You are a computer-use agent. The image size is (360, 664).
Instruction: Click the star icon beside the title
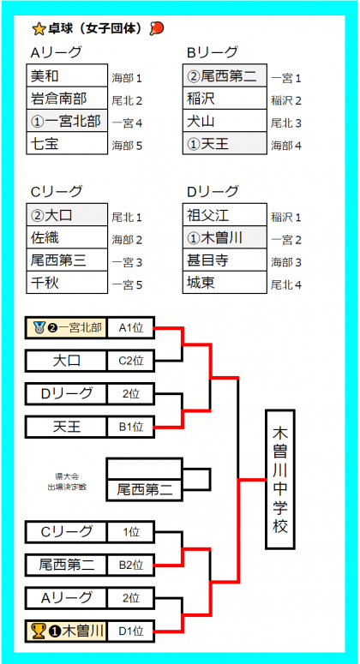39,29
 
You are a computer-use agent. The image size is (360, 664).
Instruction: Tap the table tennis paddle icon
157,28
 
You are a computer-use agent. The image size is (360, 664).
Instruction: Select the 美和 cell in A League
67,75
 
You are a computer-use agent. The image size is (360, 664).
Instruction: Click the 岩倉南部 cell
67,99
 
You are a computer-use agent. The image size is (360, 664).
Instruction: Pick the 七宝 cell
67,144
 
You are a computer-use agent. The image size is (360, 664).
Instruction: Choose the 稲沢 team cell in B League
225,99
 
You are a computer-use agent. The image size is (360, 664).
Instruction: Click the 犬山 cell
225,121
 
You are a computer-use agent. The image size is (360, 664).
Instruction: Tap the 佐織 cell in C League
67,237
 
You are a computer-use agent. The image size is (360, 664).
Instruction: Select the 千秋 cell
67,283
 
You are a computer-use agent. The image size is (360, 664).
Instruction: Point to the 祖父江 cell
225,215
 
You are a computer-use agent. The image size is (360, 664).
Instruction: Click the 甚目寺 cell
225,260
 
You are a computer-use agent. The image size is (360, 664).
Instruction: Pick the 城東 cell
225,283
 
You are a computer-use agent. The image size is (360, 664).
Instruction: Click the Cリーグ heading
57,191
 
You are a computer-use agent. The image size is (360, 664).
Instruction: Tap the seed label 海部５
127,147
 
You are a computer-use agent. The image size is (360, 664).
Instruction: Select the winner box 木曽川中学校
280,480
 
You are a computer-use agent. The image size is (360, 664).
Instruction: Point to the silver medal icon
39,327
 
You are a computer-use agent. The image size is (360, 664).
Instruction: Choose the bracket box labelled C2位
131,362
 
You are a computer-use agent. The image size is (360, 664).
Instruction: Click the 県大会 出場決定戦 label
67,481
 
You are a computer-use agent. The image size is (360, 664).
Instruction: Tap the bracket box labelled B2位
131,565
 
